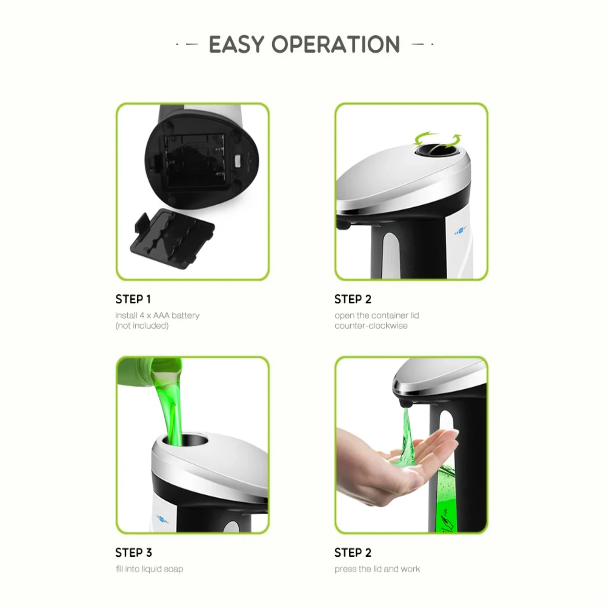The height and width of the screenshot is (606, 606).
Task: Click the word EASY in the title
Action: coord(236,44)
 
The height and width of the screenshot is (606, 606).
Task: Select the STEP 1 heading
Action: coord(133,299)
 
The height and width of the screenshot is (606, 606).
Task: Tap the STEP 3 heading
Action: coord(134,553)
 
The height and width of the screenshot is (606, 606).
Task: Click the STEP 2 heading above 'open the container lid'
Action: coord(353,299)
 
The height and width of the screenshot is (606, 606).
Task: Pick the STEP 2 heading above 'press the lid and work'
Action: coord(353,553)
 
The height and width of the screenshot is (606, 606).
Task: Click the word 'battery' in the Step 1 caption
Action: coord(185,316)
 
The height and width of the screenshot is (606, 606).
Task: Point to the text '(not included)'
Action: coord(142,326)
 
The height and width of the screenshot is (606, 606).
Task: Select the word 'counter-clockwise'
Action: coord(371,326)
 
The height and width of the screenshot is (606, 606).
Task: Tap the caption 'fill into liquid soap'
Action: coord(149,569)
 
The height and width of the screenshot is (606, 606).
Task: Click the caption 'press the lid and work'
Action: coord(377,569)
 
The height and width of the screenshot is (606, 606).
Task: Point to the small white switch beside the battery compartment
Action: coord(238,161)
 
